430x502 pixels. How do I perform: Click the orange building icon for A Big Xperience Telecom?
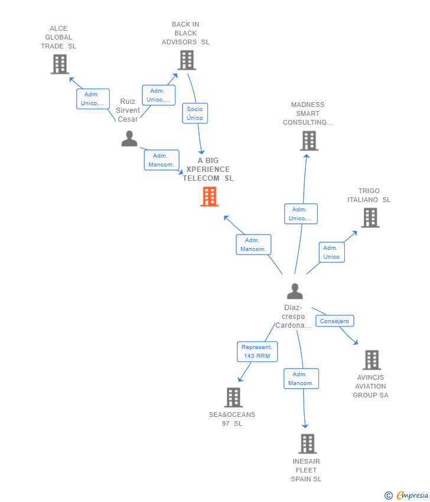(x=210, y=197)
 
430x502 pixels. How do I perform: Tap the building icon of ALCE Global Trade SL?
(x=60, y=64)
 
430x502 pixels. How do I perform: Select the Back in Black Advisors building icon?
(x=187, y=60)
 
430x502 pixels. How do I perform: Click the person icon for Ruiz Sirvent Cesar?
(x=129, y=139)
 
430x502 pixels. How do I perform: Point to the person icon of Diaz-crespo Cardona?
(x=295, y=291)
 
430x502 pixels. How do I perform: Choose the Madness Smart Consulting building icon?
(x=309, y=141)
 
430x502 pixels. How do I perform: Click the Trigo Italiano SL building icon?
(x=370, y=217)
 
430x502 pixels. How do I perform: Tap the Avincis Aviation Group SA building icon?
(x=372, y=360)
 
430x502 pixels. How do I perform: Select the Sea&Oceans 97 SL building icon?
(x=233, y=397)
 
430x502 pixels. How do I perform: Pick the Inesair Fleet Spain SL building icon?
(x=307, y=444)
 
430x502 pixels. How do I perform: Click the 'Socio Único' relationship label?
(x=195, y=113)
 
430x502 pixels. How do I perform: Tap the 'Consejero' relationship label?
(x=334, y=321)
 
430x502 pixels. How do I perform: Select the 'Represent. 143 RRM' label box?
(x=257, y=351)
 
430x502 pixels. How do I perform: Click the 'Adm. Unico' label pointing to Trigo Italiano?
(x=331, y=252)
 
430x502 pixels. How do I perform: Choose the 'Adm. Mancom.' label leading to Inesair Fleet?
(x=301, y=379)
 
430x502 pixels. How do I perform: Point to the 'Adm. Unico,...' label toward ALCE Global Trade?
(x=93, y=99)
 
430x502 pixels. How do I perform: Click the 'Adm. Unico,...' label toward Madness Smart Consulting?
(x=301, y=214)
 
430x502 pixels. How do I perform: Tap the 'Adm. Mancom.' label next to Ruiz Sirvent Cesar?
(x=161, y=160)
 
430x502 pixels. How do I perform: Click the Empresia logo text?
(x=412, y=496)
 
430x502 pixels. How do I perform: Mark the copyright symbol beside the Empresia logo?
(x=389, y=496)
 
